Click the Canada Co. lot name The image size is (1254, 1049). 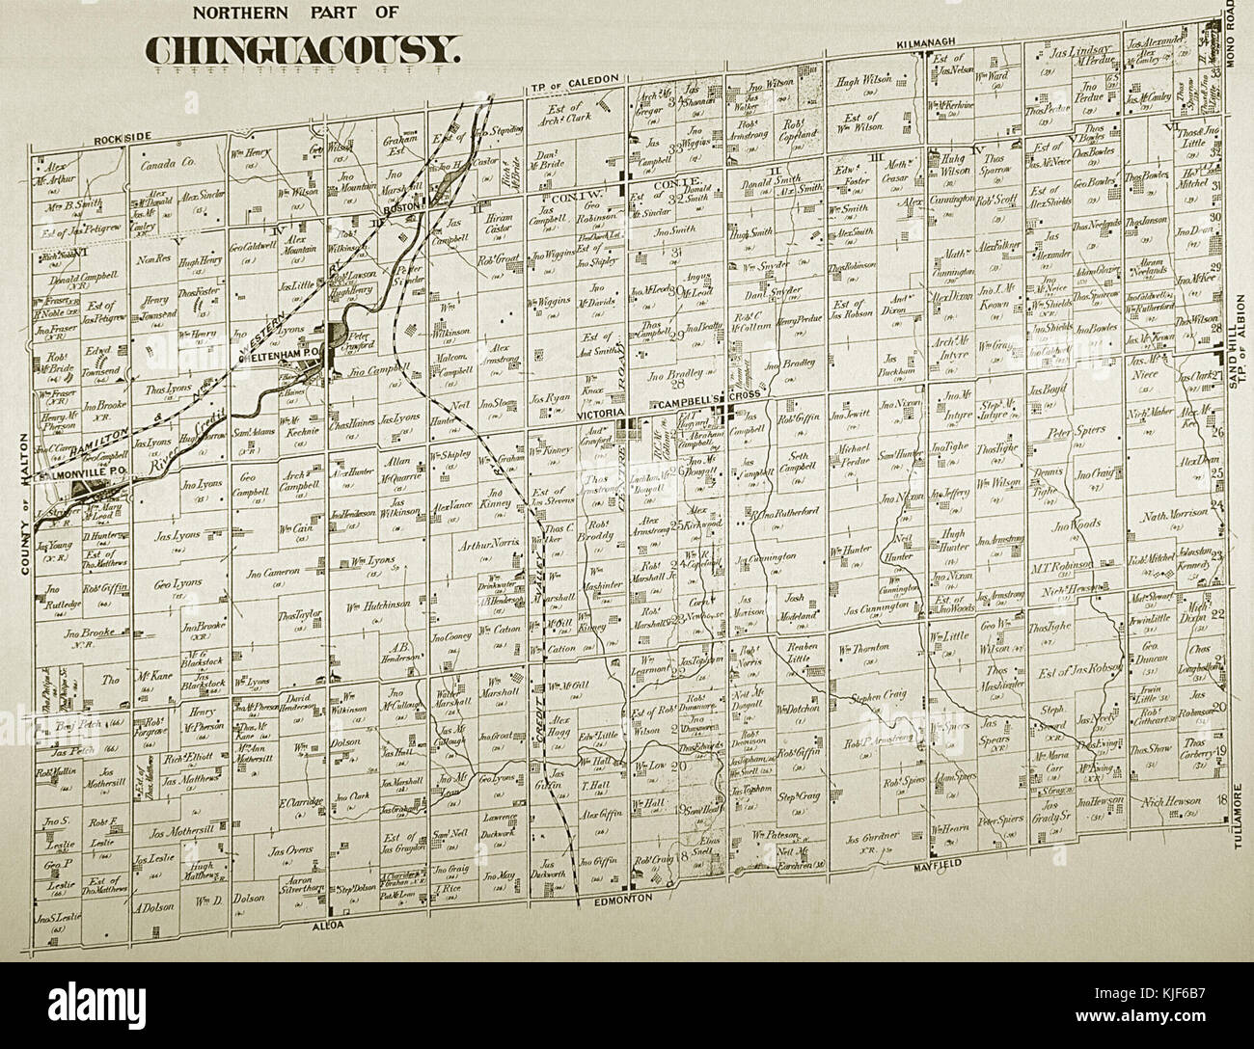tap(168, 165)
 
